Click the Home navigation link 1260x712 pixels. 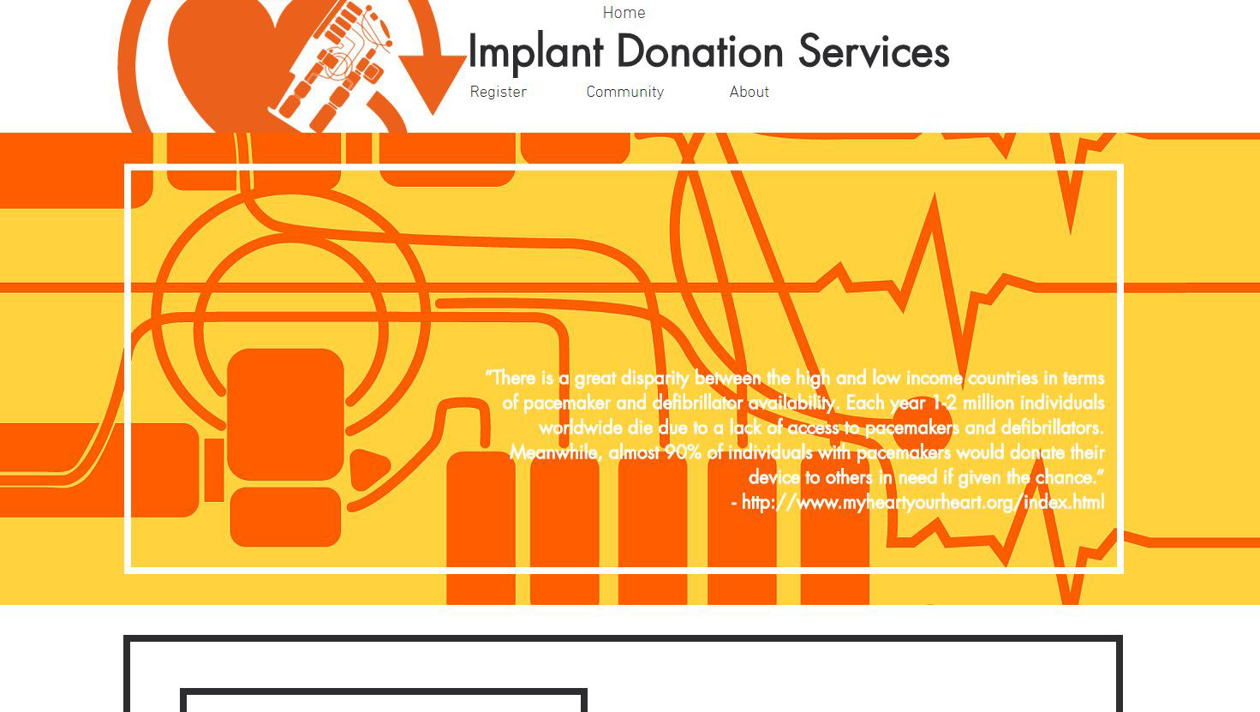624,13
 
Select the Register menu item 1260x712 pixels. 498,92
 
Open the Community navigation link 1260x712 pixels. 624,92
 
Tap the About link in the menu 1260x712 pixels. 749,92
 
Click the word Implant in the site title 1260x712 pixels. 535,52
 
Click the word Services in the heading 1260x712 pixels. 874,52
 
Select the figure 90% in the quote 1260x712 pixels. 683,452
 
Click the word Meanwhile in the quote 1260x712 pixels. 553,452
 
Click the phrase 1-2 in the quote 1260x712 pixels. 945,403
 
